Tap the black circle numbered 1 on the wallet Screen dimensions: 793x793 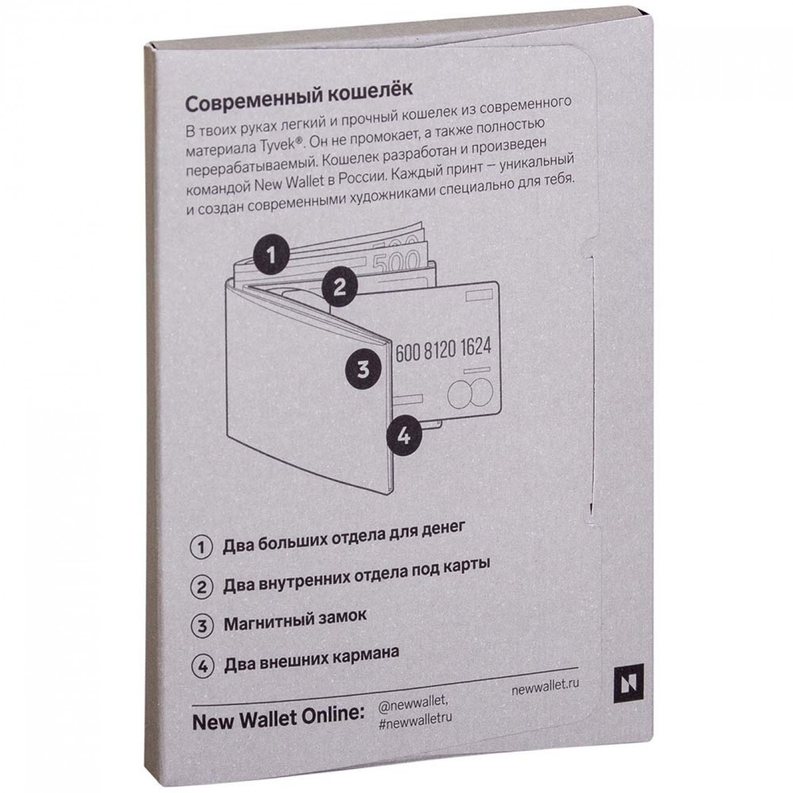click(271, 256)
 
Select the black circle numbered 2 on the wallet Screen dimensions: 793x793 click(340, 287)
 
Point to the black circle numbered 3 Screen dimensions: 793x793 click(363, 369)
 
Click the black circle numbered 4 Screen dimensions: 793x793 click(404, 436)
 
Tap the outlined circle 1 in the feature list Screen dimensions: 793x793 click(201, 548)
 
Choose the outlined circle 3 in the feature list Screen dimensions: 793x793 click(202, 626)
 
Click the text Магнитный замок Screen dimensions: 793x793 click(294, 621)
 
